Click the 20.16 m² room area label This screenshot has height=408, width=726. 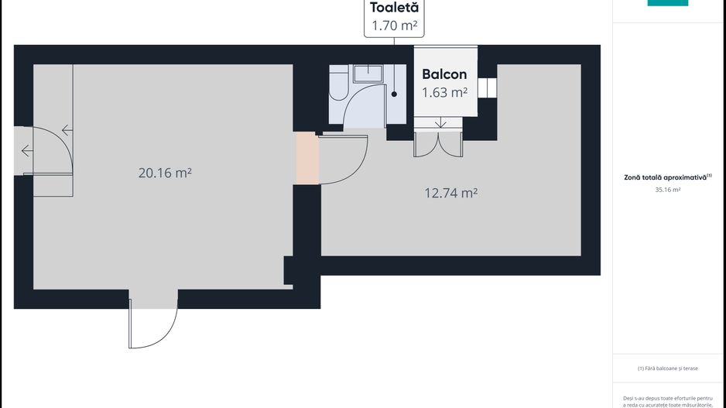tap(165, 173)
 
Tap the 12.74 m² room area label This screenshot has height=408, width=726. tap(451, 193)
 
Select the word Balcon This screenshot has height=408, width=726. tap(444, 74)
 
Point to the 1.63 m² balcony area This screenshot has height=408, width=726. tap(444, 92)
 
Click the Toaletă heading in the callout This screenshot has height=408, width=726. tap(394, 8)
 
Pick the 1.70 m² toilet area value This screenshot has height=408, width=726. tap(395, 26)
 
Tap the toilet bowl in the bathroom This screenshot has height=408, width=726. tap(338, 83)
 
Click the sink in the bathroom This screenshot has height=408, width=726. tap(368, 74)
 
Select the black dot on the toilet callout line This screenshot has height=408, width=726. tap(394, 94)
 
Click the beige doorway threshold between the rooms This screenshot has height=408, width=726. tap(307, 158)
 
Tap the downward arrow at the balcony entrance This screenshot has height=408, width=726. tap(440, 123)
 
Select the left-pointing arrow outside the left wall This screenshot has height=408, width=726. tap(27, 150)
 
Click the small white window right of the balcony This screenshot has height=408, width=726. tap(487, 88)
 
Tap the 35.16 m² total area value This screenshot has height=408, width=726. tap(668, 190)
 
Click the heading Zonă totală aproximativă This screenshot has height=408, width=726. tap(666, 177)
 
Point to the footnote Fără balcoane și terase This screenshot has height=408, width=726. tap(668, 369)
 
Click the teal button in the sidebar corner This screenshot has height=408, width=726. tap(668, 3)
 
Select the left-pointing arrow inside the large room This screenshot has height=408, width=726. tap(67, 130)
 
